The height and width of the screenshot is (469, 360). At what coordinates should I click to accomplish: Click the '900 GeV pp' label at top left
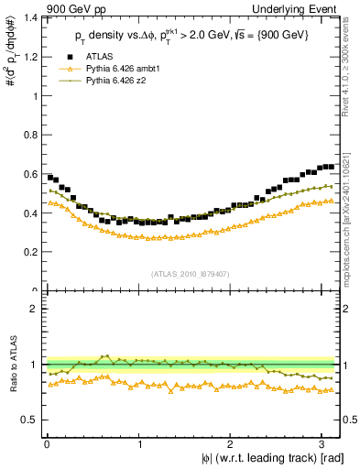[x=74, y=10]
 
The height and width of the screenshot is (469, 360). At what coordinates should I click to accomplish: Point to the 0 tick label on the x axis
[x=46, y=444]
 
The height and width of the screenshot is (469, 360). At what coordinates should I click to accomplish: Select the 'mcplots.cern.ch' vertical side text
[x=351, y=220]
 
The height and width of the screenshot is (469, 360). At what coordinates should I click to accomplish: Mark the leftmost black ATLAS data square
[x=49, y=177]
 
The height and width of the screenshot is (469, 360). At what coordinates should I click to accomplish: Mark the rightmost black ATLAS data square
[x=331, y=167]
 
